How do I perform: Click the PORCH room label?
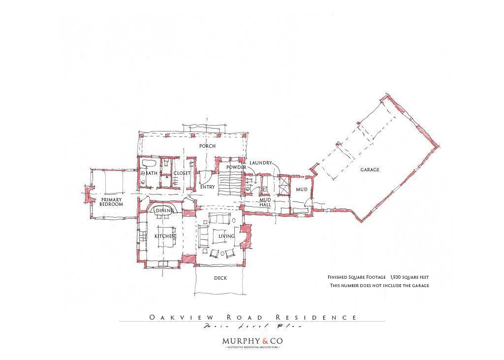(x=207, y=146)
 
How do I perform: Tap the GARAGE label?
(x=370, y=170)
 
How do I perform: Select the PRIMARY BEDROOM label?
(x=111, y=202)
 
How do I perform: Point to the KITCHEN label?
(x=165, y=236)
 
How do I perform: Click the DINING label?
(x=164, y=211)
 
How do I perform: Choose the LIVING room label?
(x=226, y=236)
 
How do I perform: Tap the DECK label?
(x=220, y=278)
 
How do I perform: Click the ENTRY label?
(x=207, y=187)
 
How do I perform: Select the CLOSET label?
(x=182, y=173)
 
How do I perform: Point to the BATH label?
(x=152, y=173)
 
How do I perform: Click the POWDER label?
(x=236, y=167)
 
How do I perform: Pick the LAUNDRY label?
(x=260, y=163)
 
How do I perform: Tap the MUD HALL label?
(x=265, y=202)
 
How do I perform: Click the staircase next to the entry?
(x=228, y=183)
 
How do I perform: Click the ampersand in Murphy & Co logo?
(x=265, y=341)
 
